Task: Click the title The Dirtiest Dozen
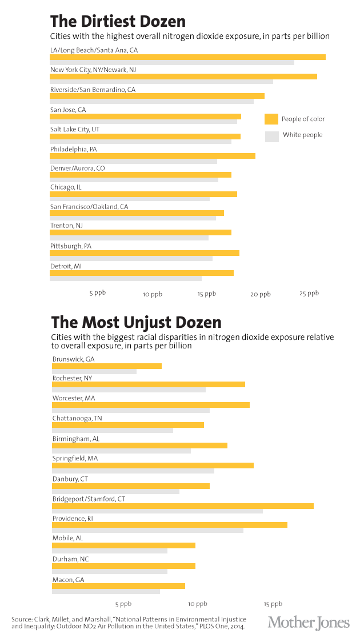tap(118, 22)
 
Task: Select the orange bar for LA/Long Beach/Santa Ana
tap(187, 57)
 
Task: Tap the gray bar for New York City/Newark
tap(161, 82)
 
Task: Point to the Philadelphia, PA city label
tap(74, 149)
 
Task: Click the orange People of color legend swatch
tap(271, 119)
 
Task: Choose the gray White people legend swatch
tap(271, 136)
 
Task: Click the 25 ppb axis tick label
tap(309, 293)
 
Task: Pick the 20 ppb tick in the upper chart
tap(261, 294)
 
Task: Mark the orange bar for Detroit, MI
tap(142, 273)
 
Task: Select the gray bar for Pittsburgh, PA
tap(131, 258)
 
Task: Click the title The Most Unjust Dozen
tap(136, 322)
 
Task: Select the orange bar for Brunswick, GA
tap(107, 366)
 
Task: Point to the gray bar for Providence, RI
tap(147, 530)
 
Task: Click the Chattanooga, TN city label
tap(77, 418)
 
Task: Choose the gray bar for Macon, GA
tap(106, 591)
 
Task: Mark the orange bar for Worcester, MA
tap(151, 405)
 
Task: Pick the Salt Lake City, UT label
tap(75, 130)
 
